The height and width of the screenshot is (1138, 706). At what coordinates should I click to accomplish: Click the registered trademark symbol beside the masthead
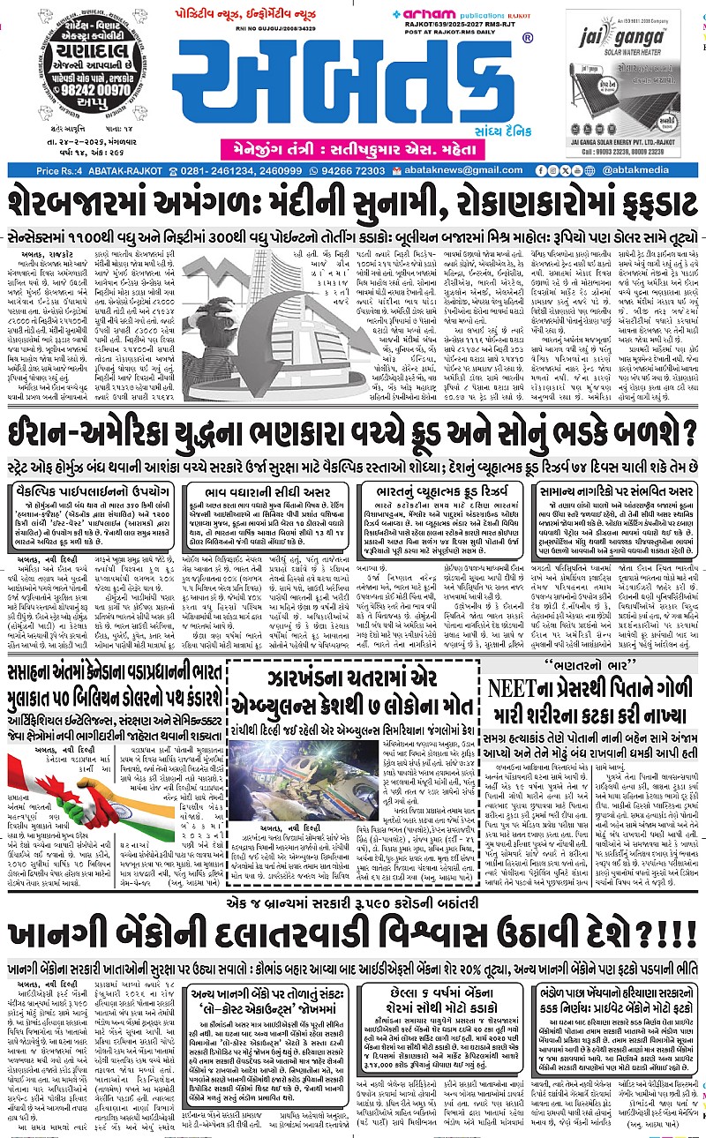click(527, 39)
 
